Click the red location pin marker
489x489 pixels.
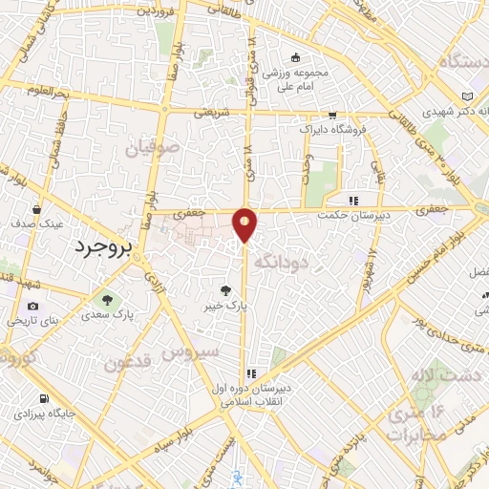click(245, 223)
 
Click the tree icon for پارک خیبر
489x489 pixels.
click(225, 290)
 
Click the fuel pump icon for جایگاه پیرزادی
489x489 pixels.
click(42, 399)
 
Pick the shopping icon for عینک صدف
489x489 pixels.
click(36, 209)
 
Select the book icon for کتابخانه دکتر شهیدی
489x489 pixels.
click(466, 96)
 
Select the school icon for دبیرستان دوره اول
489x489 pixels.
click(250, 373)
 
